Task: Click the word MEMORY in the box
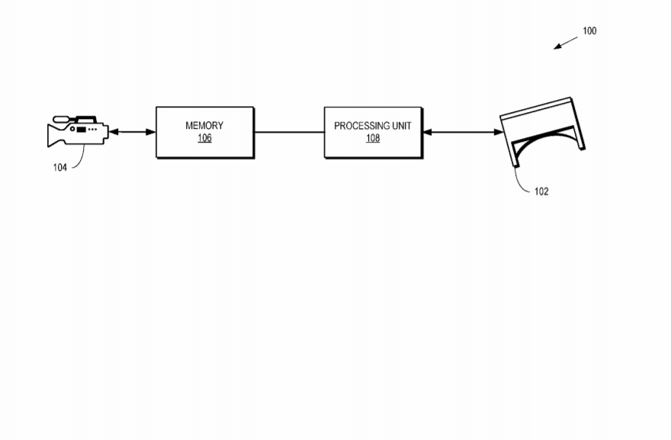[204, 125]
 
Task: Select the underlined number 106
[204, 138]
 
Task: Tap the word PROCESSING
[361, 126]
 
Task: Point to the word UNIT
[402, 126]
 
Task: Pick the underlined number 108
[373, 138]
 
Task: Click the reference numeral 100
[589, 31]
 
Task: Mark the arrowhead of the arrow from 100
[557, 47]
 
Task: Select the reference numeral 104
[60, 167]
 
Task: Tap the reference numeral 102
[541, 191]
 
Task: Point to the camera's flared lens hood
[53, 135]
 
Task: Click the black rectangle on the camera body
[81, 130]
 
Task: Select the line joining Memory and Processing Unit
[289, 132]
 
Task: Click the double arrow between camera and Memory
[132, 132]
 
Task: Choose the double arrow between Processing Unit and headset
[464, 132]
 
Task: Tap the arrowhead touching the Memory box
[151, 132]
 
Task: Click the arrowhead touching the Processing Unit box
[428, 132]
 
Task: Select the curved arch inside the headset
[543, 136]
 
